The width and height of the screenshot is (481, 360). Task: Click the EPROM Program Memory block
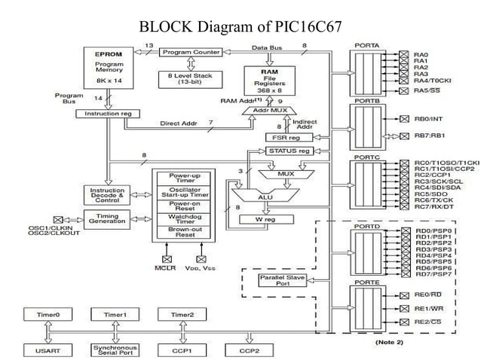coord(108,67)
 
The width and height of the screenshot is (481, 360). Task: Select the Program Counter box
coord(190,52)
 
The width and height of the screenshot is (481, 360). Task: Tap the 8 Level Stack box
coord(189,78)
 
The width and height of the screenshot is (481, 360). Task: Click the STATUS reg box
coord(290,151)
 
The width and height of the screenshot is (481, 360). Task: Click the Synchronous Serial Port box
coord(109,351)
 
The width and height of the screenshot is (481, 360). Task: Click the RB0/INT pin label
coord(427,118)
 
